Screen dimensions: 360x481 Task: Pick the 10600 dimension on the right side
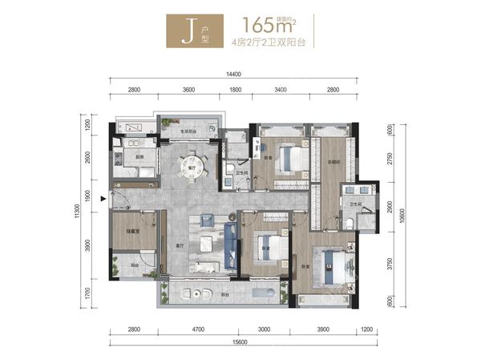tap(399, 213)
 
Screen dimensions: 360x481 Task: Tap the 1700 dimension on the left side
tap(93, 293)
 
